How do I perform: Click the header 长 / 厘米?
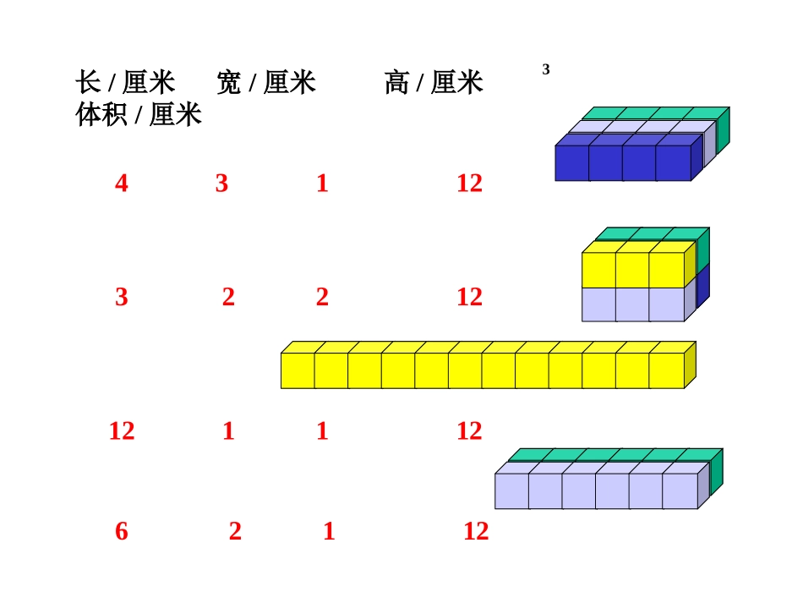click(x=125, y=83)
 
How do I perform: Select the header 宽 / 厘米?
click(x=265, y=83)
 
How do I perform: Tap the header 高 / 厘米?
click(x=433, y=83)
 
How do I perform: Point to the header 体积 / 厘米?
click(x=139, y=114)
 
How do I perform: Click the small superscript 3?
click(x=546, y=70)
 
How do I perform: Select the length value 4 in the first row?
click(x=122, y=184)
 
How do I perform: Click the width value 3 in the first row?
click(x=221, y=184)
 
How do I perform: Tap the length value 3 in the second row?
click(x=122, y=297)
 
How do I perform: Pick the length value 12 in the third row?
click(x=122, y=431)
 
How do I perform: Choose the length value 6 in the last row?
click(x=122, y=532)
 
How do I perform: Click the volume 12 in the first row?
click(x=469, y=184)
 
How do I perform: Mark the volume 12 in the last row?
click(x=476, y=532)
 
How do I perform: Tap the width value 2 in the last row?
click(x=235, y=532)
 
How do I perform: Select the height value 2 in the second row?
click(x=322, y=297)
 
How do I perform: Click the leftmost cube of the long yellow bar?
click(x=298, y=370)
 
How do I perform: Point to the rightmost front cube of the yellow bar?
click(x=667, y=370)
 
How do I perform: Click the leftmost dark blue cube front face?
click(x=571, y=163)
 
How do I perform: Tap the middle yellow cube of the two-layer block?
click(x=632, y=270)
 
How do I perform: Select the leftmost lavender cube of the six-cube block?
click(x=511, y=491)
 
